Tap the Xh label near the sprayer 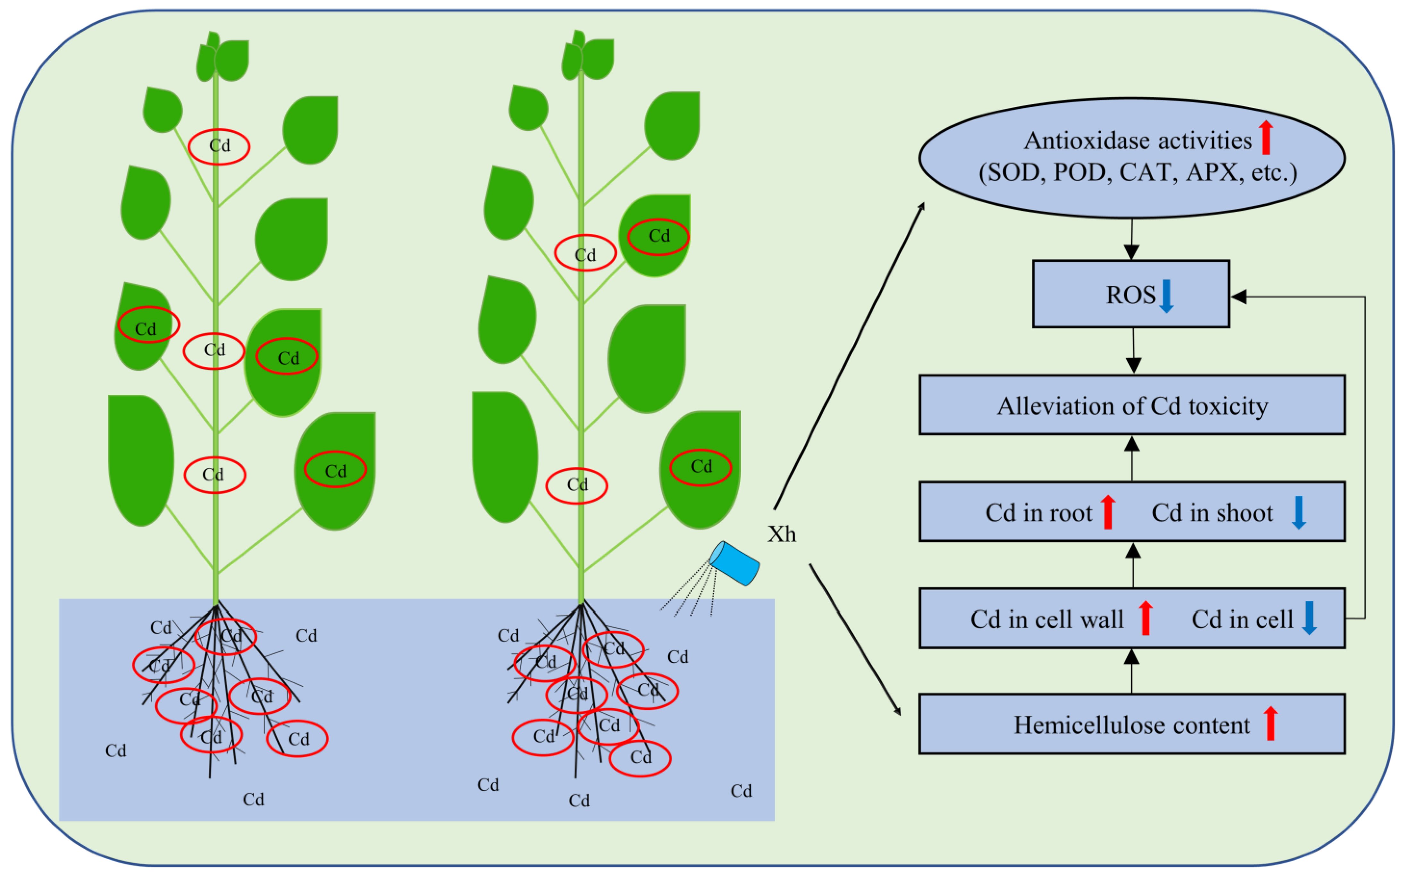tap(782, 534)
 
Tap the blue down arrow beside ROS tap(1166, 296)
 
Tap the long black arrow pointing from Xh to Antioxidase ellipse tap(849, 356)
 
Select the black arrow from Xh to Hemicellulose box tap(855, 639)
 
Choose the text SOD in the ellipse tap(1017, 172)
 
